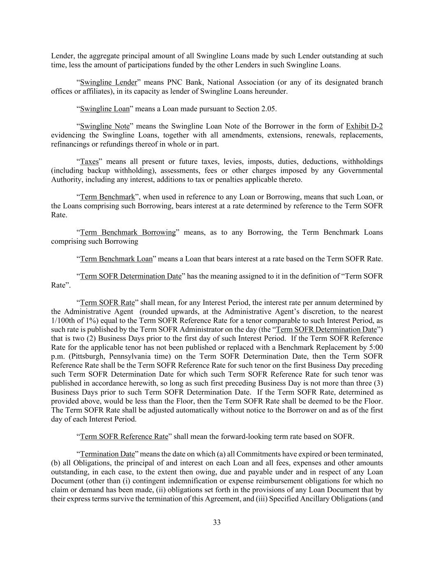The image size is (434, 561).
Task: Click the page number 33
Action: pyautogui.click(x=217, y=522)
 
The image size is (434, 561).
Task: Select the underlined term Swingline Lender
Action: pyautogui.click(x=108, y=82)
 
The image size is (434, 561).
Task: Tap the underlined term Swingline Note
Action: pyautogui.click(x=104, y=126)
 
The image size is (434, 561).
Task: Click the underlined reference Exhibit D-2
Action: pyautogui.click(x=364, y=126)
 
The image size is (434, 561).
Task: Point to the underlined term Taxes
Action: pyautogui.click(x=89, y=162)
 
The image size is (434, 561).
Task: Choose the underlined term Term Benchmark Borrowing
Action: pyautogui.click(x=128, y=232)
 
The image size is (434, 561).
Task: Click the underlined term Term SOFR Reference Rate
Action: pyautogui.click(x=124, y=436)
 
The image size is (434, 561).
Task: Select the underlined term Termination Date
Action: pyautogui.click(x=107, y=454)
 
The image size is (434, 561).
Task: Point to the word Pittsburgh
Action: pyautogui.click(x=81, y=356)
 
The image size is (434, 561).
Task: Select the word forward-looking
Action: pyautogui.click(x=239, y=436)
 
